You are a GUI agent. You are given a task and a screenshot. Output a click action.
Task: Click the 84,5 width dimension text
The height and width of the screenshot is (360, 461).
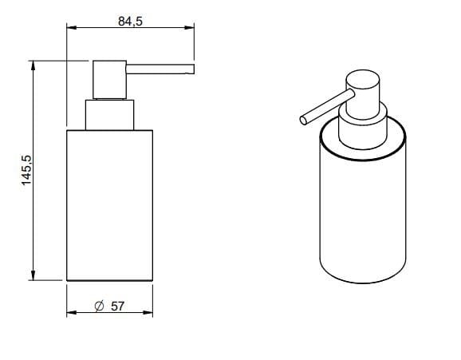pos(130,22)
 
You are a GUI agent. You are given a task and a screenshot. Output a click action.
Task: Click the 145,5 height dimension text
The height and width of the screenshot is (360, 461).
pos(27,170)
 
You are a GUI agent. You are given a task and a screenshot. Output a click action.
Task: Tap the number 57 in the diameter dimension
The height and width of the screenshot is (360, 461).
pos(117,307)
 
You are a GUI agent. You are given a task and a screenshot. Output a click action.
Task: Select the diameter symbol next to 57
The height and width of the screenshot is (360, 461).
pos(100,307)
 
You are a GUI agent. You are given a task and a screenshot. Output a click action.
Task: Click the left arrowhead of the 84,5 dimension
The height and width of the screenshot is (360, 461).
pos(72,28)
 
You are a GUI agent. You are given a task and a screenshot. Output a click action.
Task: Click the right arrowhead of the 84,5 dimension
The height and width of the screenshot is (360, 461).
pos(189,28)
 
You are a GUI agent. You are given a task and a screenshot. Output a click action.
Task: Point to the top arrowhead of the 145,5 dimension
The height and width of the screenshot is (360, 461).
pos(33,65)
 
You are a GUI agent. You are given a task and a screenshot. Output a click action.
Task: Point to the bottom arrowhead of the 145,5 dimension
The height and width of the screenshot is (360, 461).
pos(33,275)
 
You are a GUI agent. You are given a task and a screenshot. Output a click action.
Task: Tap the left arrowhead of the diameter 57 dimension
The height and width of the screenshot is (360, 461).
pos(72,312)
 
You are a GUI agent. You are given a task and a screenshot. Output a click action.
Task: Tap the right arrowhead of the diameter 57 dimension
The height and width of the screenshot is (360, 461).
pos(148,312)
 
